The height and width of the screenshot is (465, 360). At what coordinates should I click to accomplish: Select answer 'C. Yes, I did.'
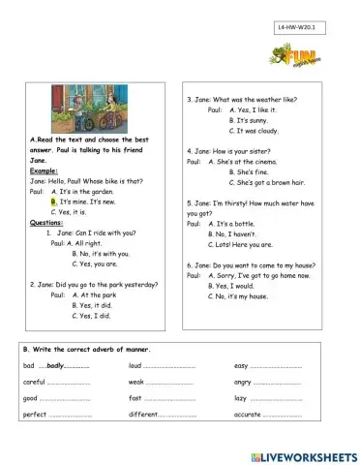coord(92,315)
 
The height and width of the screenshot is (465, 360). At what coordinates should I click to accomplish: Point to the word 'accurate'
coord(247,415)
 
